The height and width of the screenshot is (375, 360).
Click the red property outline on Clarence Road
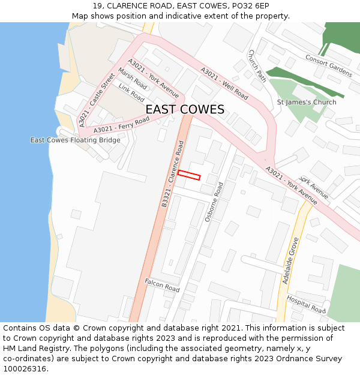coord(188,175)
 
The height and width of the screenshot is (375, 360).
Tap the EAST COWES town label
coord(185,109)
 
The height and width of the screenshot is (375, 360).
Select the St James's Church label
coord(307,103)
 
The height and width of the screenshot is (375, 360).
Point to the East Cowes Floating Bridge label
coord(76,140)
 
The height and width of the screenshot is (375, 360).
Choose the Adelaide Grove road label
coord(290,260)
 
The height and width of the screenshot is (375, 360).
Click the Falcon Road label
coord(162,285)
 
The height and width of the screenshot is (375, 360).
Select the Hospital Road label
coord(306,304)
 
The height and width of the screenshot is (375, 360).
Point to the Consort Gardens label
coord(328,66)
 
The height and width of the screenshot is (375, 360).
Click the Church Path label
coord(257,65)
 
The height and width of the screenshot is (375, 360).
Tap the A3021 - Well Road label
coord(224,83)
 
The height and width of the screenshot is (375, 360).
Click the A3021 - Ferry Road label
coord(121,125)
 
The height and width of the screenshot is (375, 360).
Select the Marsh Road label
coord(132,79)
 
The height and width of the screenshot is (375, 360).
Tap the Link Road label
coord(131,92)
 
